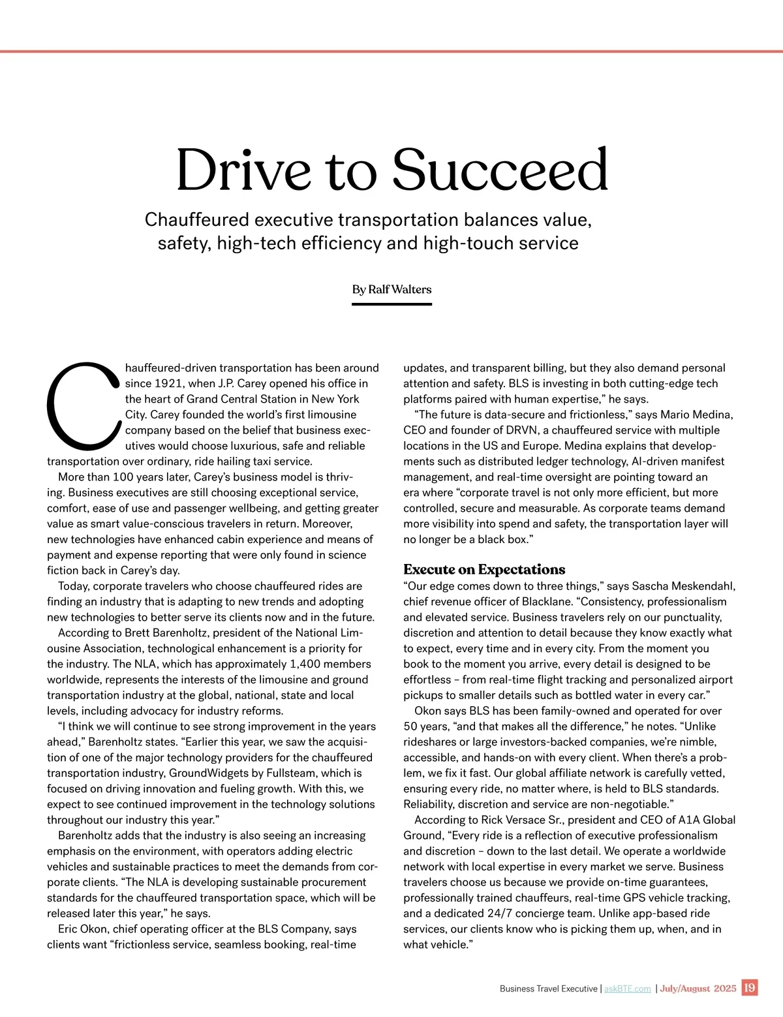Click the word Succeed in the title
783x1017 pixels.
(x=500, y=170)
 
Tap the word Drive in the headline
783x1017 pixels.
(x=243, y=170)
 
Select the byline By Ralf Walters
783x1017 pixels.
(x=391, y=289)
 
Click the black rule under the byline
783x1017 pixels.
(x=391, y=304)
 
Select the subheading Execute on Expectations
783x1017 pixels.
(x=484, y=569)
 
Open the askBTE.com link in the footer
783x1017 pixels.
(x=627, y=989)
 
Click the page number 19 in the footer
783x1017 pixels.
(x=750, y=988)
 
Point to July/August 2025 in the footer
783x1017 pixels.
(x=698, y=989)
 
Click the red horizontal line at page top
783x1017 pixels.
(x=391, y=51)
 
